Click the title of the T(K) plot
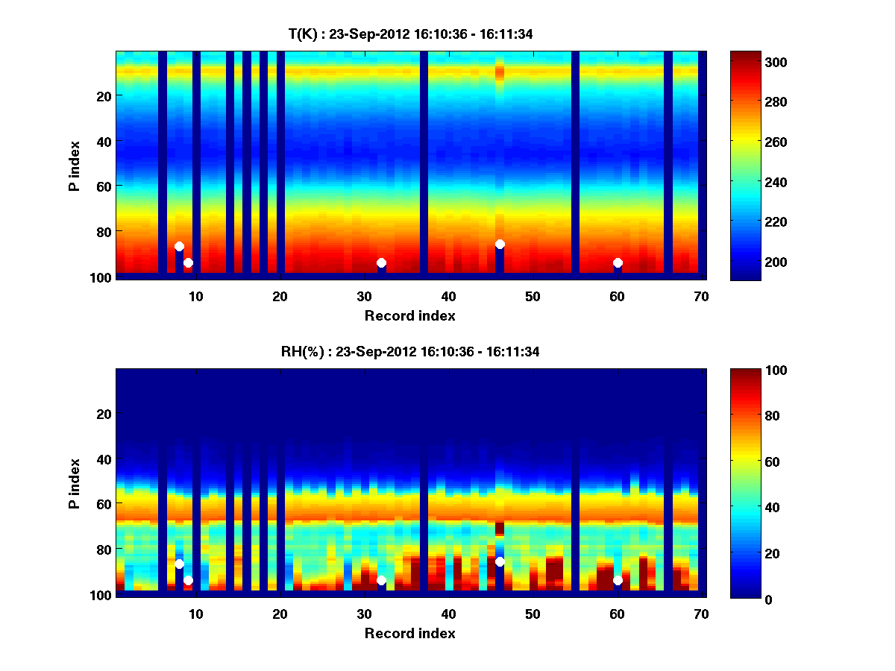click(x=410, y=34)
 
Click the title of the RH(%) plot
click(x=410, y=352)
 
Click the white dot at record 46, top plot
click(x=500, y=245)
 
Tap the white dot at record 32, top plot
click(x=381, y=262)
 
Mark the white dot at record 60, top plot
click(x=618, y=262)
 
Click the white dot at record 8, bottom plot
click(x=179, y=564)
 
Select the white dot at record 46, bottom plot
click(x=500, y=561)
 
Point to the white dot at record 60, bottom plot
click(x=618, y=580)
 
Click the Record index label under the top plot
click(x=410, y=316)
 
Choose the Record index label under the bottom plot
click(x=410, y=634)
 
